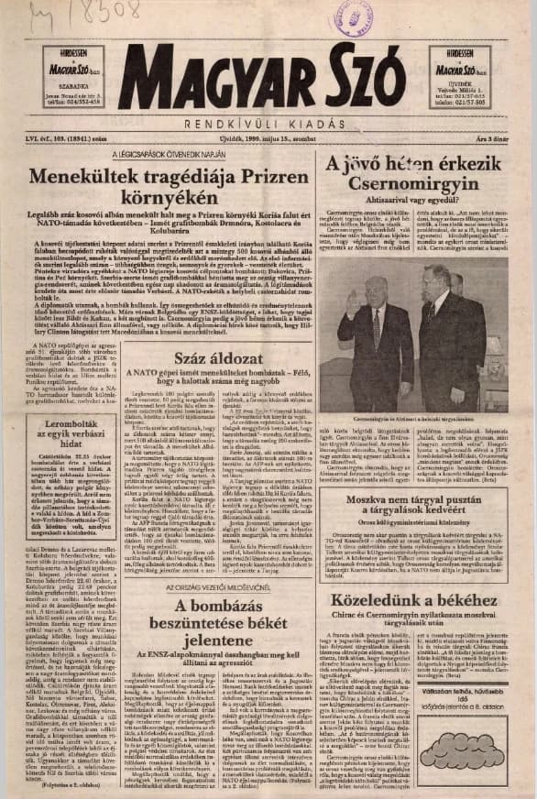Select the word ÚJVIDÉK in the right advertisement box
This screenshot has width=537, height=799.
(461, 84)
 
